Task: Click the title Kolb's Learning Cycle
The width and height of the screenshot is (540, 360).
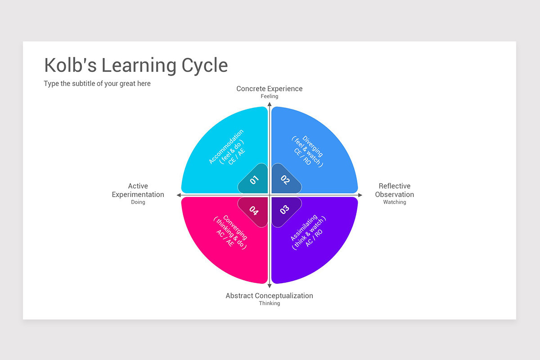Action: [136, 65]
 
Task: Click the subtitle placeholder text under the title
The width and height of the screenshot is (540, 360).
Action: [97, 83]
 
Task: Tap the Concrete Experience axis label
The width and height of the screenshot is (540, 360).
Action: [269, 89]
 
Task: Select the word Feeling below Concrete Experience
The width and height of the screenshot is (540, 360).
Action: [270, 96]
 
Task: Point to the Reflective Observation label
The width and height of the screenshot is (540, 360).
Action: [394, 190]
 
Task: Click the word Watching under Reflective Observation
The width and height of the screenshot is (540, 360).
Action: [395, 202]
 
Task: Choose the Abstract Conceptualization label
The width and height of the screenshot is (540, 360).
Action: [269, 296]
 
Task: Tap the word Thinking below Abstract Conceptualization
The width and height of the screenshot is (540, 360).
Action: [270, 303]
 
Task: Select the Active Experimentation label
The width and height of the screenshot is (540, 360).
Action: [138, 190]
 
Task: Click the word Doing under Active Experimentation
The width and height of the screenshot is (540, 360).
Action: [138, 202]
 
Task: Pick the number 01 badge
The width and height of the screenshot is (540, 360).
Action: [254, 179]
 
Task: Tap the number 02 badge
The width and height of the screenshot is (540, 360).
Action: [286, 179]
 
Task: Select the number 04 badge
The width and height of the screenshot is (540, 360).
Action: [254, 211]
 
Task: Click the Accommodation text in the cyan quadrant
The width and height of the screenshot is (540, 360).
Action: [226, 146]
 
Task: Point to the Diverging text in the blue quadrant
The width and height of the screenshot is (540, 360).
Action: [313, 146]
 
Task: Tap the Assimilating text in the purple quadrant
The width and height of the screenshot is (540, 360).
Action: [303, 228]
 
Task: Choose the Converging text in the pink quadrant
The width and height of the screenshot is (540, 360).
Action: [235, 227]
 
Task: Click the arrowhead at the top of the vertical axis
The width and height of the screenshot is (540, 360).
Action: [270, 104]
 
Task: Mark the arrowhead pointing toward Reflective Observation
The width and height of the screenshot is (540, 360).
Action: [360, 195]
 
